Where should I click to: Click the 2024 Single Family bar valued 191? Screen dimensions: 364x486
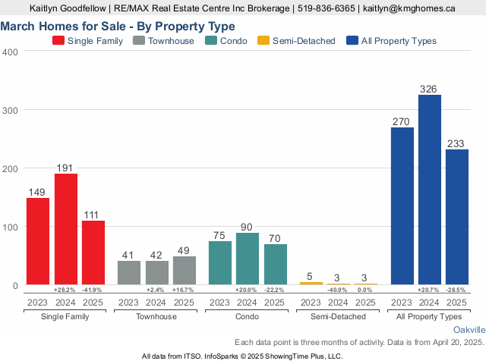tap(65, 229)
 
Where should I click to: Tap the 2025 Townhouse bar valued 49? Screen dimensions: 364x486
tap(184, 270)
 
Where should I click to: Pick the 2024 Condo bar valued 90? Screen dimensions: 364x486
tap(248, 259)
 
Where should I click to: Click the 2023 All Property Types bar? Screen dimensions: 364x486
tap(402, 206)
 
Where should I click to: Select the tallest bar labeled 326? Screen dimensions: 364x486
tap(430, 190)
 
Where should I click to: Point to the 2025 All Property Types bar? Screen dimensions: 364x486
tap(457, 217)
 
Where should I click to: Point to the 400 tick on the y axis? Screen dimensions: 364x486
tap(10, 52)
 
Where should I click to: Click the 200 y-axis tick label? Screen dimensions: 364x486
tap(10, 168)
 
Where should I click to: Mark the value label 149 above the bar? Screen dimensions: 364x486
tap(38, 193)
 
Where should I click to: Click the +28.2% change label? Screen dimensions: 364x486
tap(65, 290)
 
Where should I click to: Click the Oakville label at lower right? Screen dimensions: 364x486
tap(469, 331)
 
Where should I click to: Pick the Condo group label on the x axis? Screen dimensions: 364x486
tap(248, 316)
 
